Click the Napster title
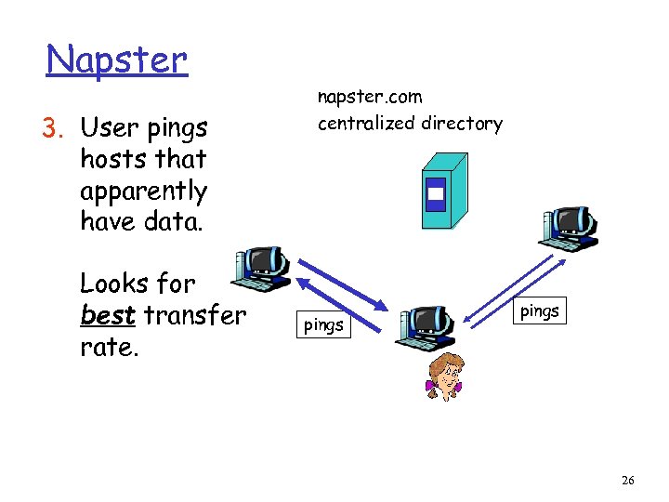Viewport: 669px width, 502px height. tap(117, 59)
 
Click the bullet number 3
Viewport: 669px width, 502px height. tap(52, 125)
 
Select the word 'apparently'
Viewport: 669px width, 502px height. tap(143, 192)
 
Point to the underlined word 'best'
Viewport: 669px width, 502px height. tap(108, 315)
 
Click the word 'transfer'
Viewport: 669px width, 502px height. tap(195, 315)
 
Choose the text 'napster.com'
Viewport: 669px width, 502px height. tap(370, 97)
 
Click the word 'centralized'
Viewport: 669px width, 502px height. tap(368, 123)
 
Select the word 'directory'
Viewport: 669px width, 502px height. tap(462, 123)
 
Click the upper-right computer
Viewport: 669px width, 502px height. tap(571, 227)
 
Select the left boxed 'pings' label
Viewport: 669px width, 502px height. tap(324, 324)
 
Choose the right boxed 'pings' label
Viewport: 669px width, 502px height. tap(540, 310)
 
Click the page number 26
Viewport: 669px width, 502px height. tap(628, 480)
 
